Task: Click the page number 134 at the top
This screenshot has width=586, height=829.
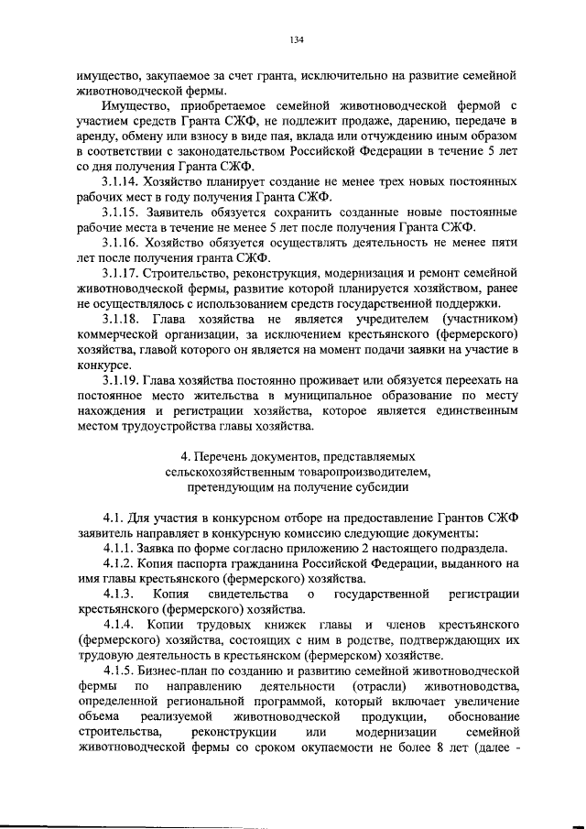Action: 296,39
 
